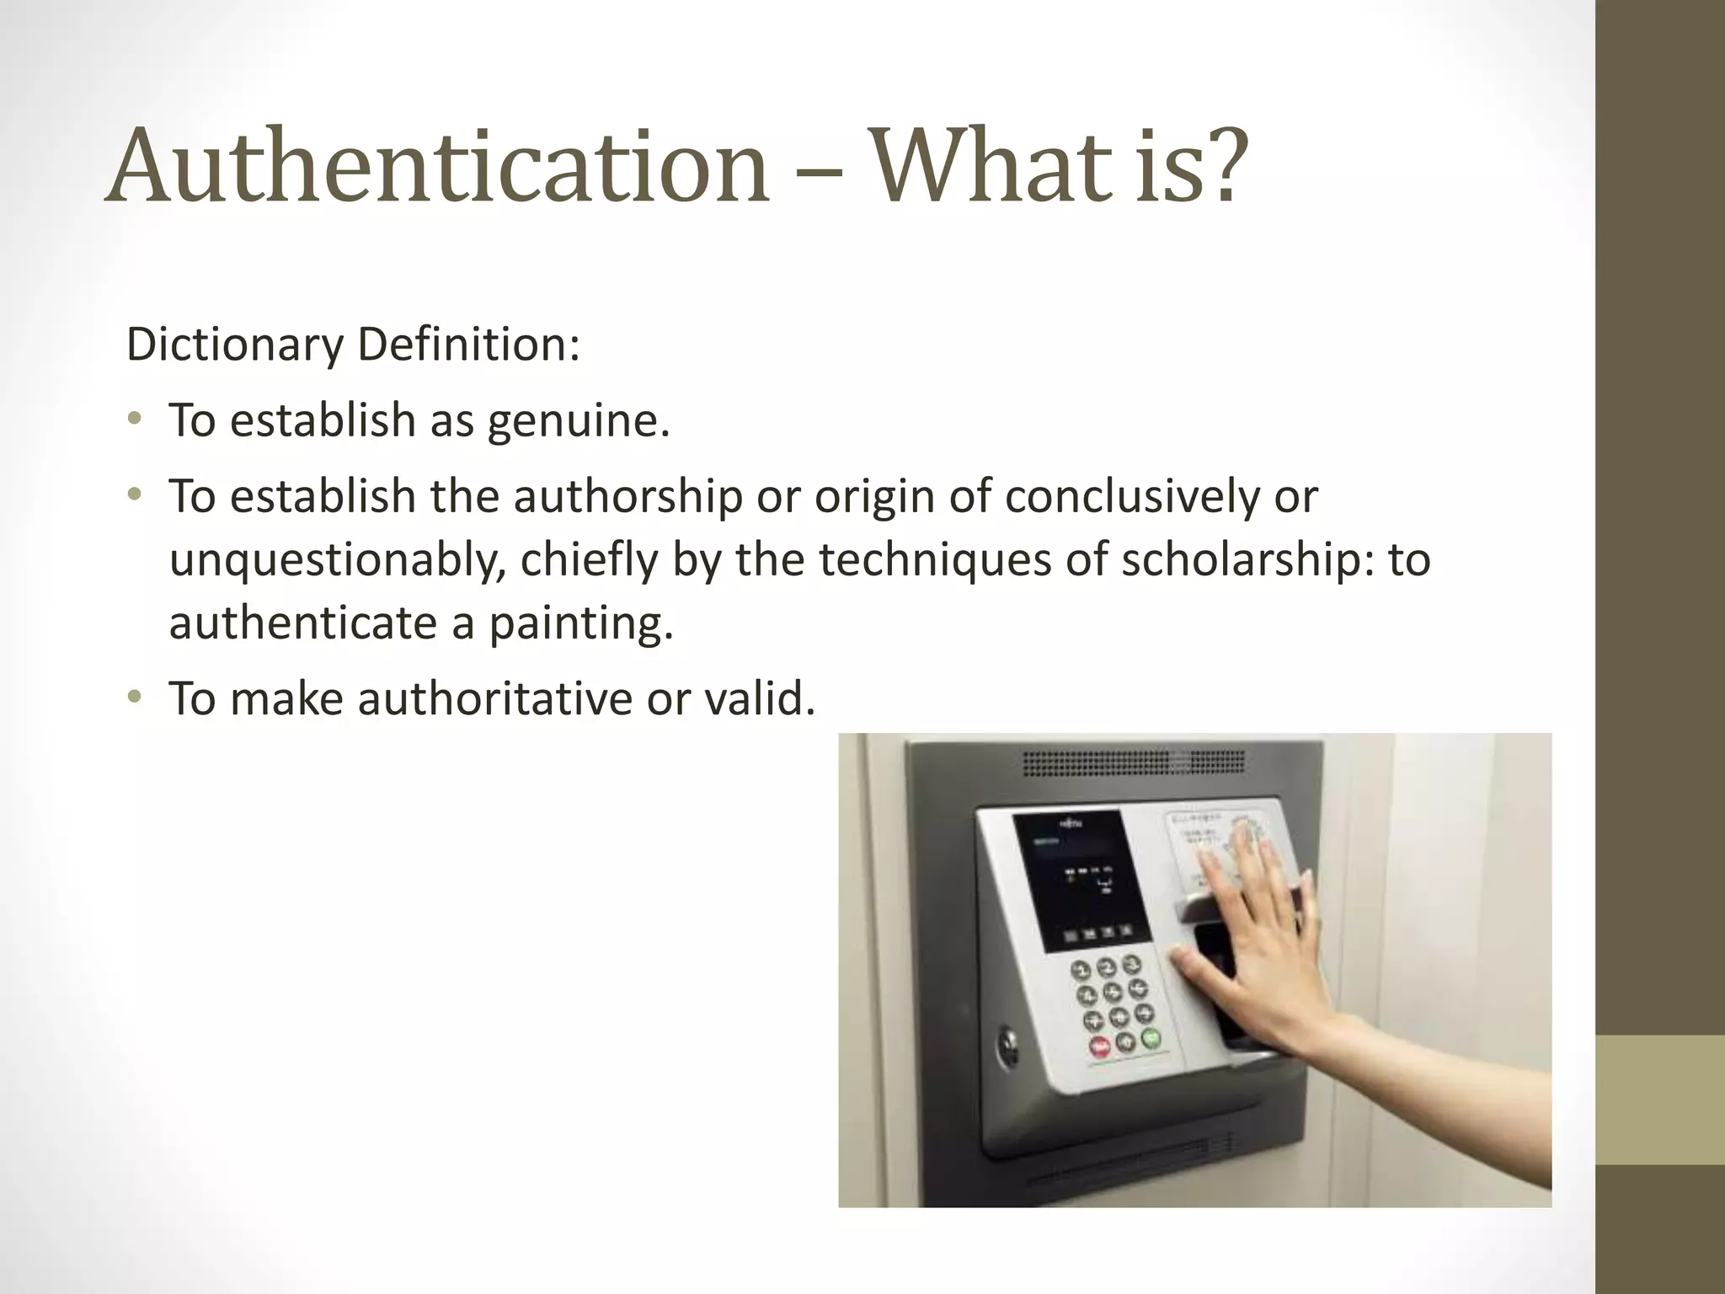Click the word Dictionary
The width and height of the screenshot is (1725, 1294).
tap(235, 345)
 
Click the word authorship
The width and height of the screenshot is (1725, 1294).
tap(628, 496)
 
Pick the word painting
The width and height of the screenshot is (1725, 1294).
tap(581, 623)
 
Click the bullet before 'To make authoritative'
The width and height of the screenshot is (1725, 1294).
tap(134, 697)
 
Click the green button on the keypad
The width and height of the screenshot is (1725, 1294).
tap(1151, 1038)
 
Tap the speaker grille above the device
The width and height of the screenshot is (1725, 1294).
tap(1133, 762)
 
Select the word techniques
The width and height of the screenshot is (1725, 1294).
tap(935, 559)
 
